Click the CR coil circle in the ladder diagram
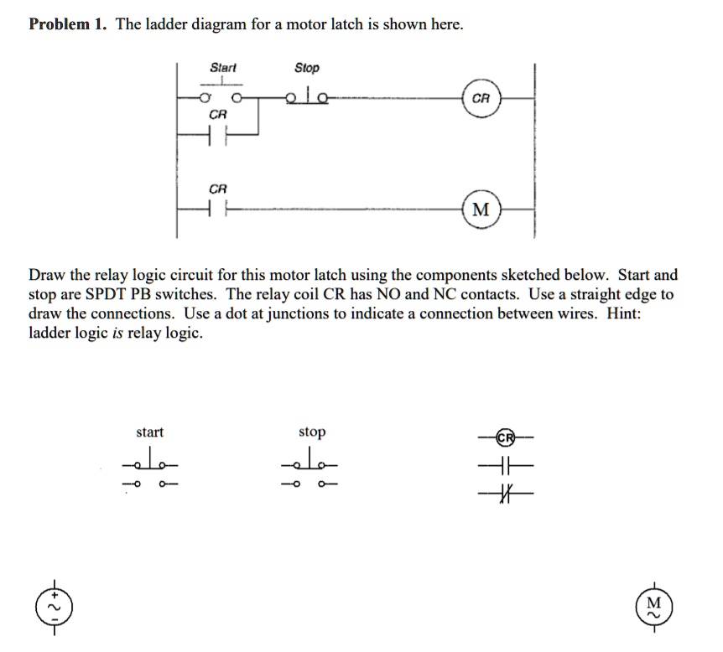click(481, 99)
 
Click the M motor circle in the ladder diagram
click(481, 209)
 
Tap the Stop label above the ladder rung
click(307, 67)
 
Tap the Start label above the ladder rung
click(223, 67)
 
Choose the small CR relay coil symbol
click(505, 438)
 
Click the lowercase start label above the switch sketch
click(150, 432)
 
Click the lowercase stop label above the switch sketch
click(312, 432)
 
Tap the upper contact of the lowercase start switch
click(150, 463)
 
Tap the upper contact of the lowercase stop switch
click(312, 463)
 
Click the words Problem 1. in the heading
click(68, 24)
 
